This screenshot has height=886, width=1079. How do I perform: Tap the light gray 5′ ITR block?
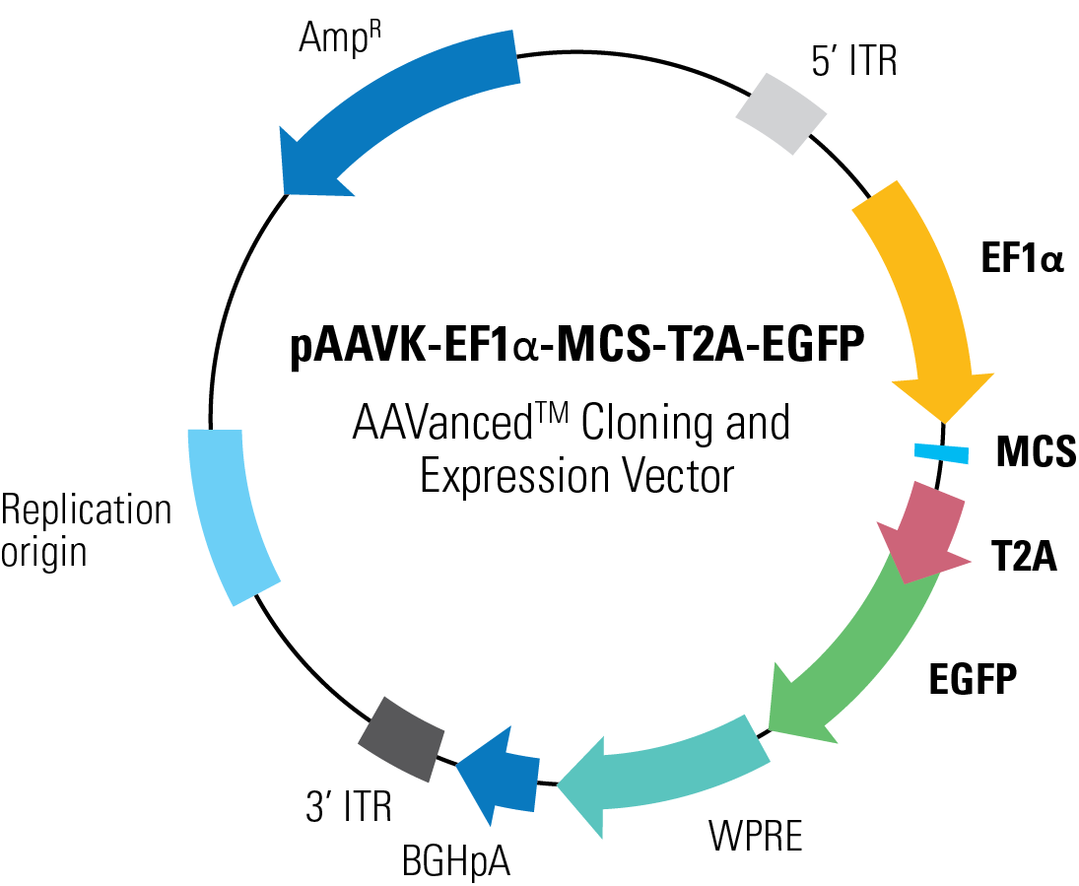point(781,110)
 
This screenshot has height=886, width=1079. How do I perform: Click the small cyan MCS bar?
point(941,452)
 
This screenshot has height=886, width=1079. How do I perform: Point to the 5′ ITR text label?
point(853,63)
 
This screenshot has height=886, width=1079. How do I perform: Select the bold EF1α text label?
point(1021,260)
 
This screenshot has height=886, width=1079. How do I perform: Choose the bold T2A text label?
point(1024,559)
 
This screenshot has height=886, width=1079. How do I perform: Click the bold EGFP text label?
point(973,679)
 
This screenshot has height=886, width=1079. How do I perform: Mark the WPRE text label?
point(756,837)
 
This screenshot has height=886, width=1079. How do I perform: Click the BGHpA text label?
point(455,860)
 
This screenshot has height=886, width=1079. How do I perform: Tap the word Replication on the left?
point(86,511)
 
